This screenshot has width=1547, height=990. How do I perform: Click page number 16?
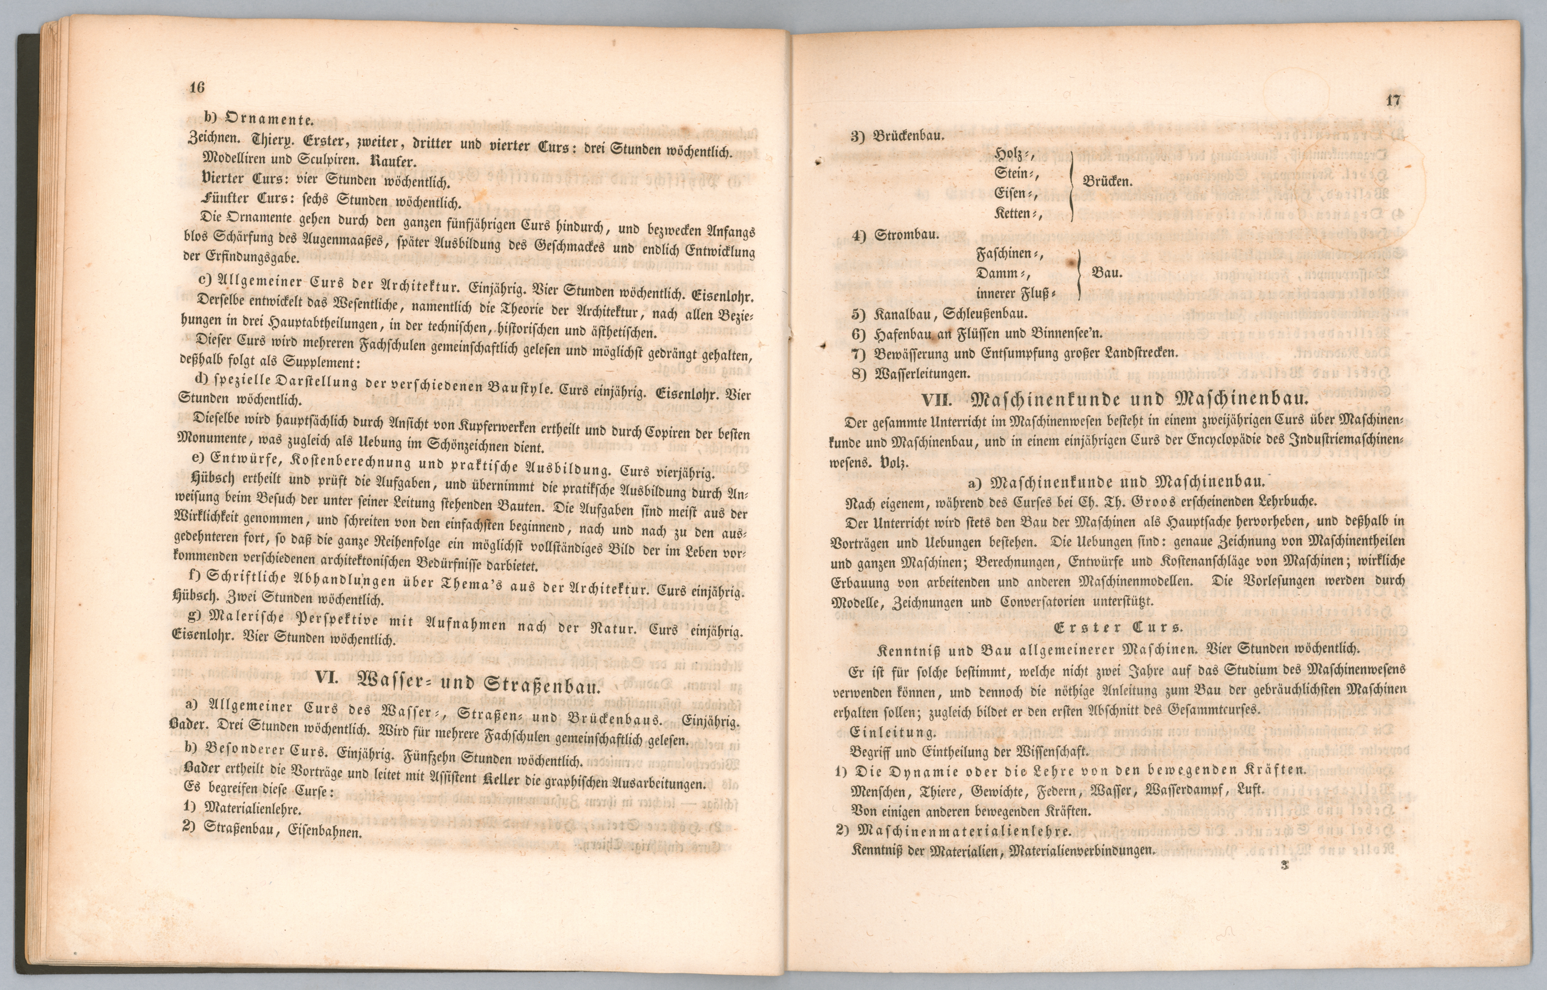click(x=197, y=87)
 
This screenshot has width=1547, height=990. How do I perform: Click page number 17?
click(x=1393, y=100)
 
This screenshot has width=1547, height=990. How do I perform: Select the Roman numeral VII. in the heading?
click(x=936, y=399)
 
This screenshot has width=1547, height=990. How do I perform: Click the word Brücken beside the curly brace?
click(x=1108, y=181)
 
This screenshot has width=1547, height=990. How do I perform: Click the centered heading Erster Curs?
click(x=1118, y=627)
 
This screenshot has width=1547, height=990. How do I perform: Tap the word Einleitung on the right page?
click(x=893, y=731)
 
